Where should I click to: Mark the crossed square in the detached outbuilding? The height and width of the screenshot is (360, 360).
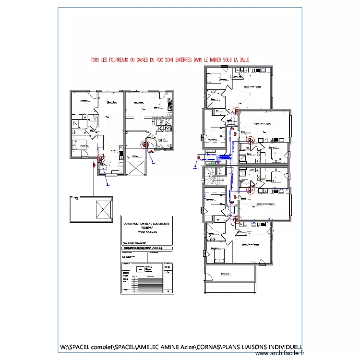click(x=103, y=209)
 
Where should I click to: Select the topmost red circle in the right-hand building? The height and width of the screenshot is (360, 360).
click(x=236, y=111)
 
